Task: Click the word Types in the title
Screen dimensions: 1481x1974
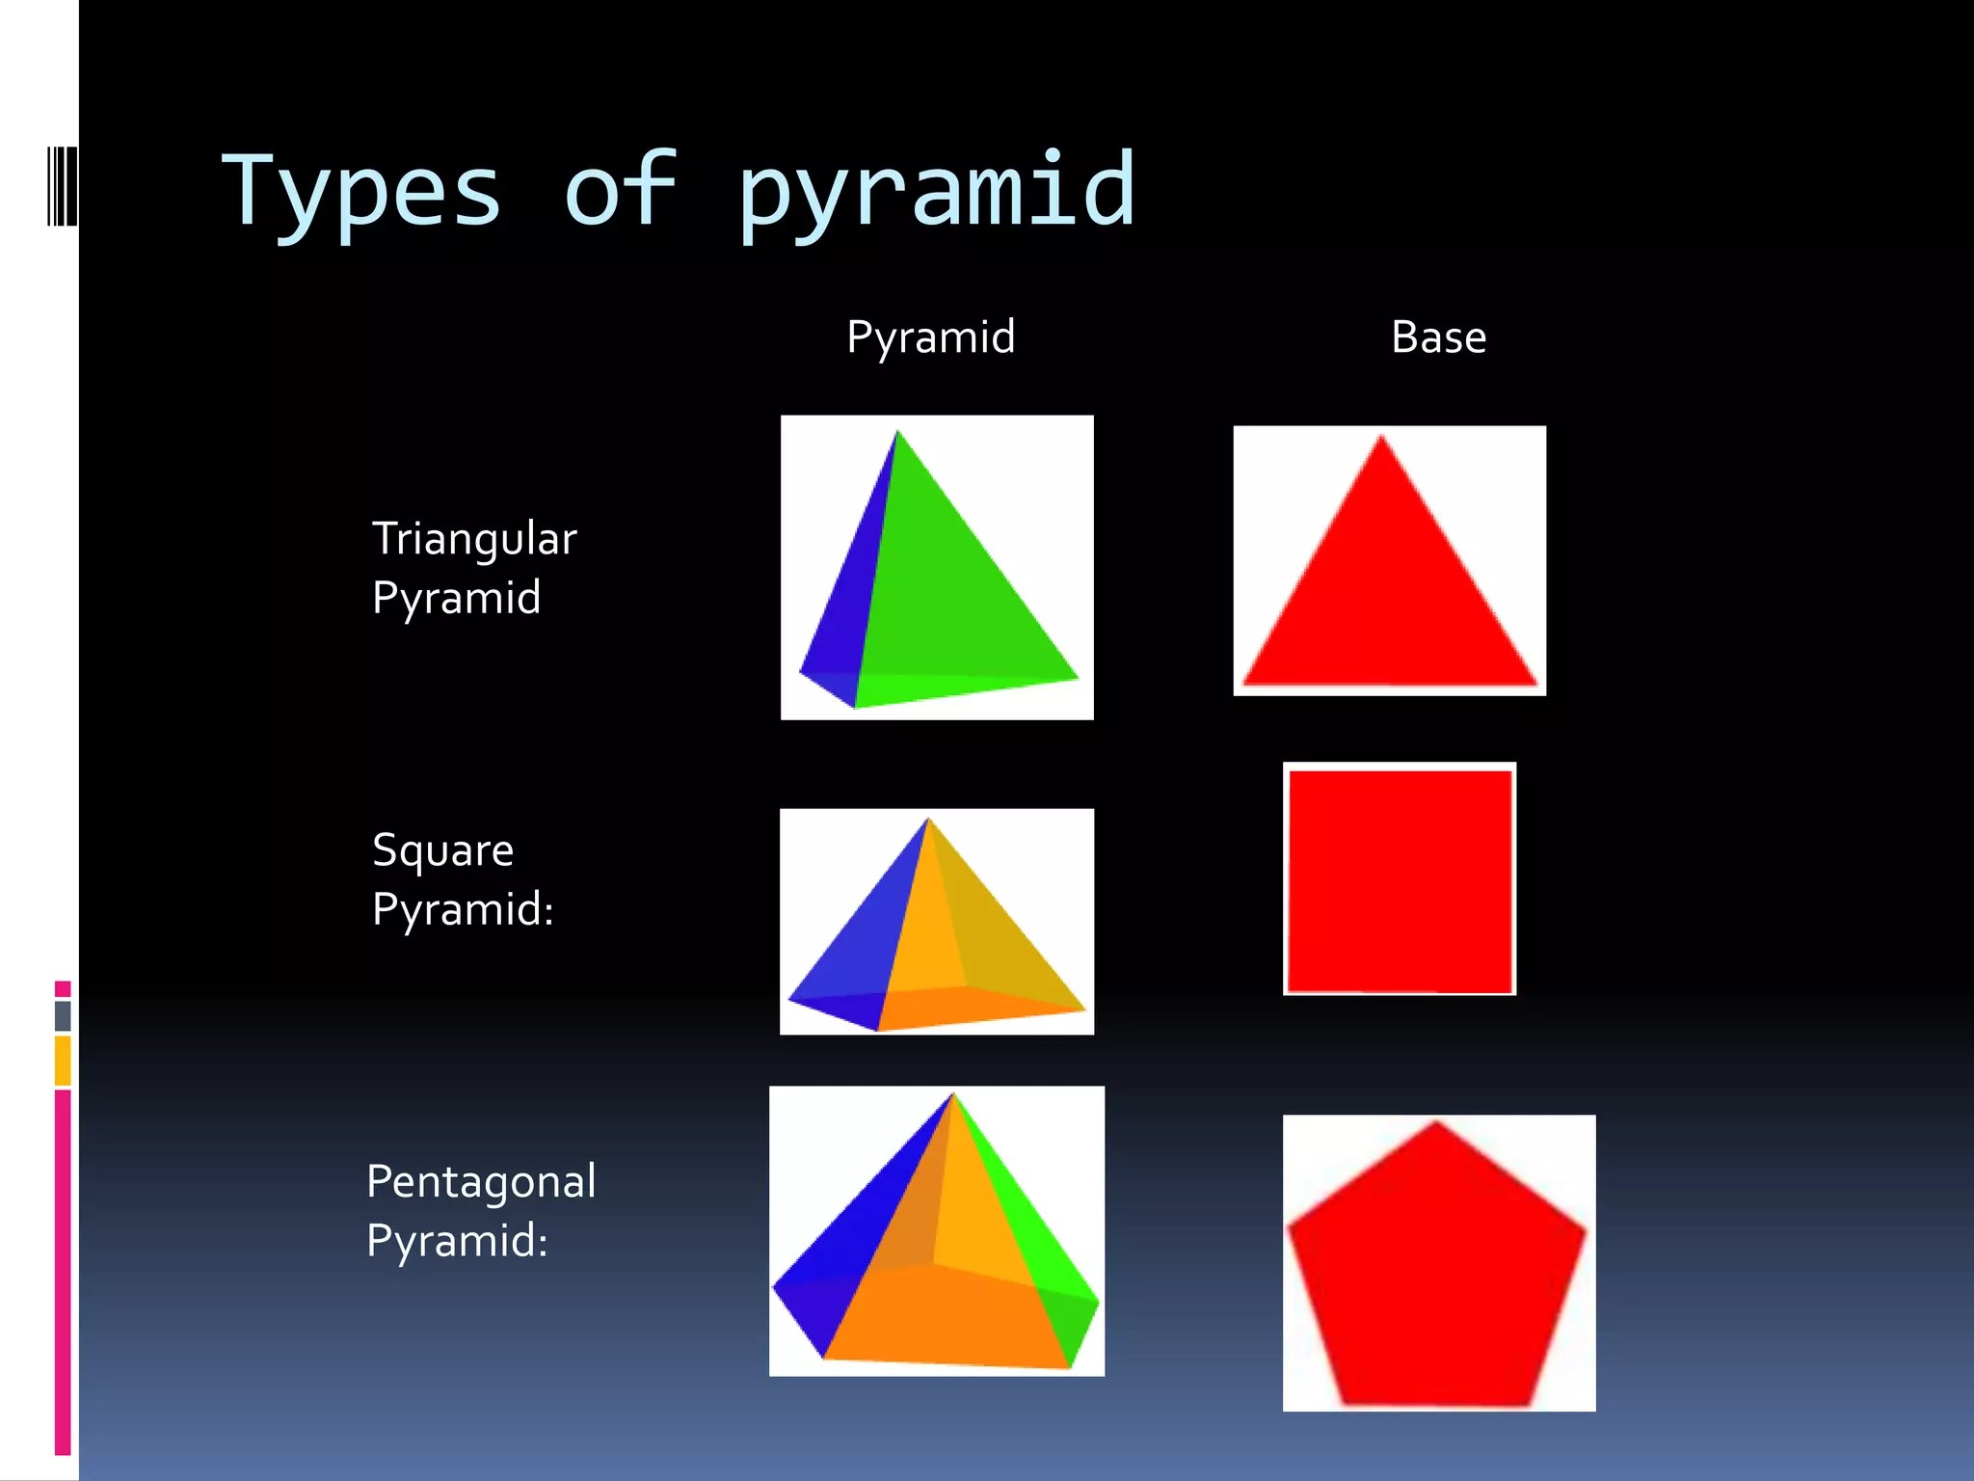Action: [361, 193]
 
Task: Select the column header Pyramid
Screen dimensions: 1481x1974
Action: [930, 337]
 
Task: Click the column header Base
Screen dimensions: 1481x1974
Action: [1438, 337]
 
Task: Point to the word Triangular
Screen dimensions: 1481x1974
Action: [474, 539]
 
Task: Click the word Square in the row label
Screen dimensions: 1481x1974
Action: [442, 850]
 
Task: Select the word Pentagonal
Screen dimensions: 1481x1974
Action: [481, 1182]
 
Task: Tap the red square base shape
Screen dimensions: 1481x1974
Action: [1400, 879]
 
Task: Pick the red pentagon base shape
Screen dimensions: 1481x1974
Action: [1436, 1268]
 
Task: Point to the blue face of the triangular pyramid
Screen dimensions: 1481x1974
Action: [848, 607]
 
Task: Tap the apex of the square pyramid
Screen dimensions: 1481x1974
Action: [928, 820]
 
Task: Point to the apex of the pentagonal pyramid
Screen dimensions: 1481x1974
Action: [953, 1095]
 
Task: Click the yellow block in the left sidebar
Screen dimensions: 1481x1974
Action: [63, 1060]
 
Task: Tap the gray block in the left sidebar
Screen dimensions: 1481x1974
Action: [63, 1015]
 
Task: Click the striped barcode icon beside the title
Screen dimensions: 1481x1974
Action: [61, 186]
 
